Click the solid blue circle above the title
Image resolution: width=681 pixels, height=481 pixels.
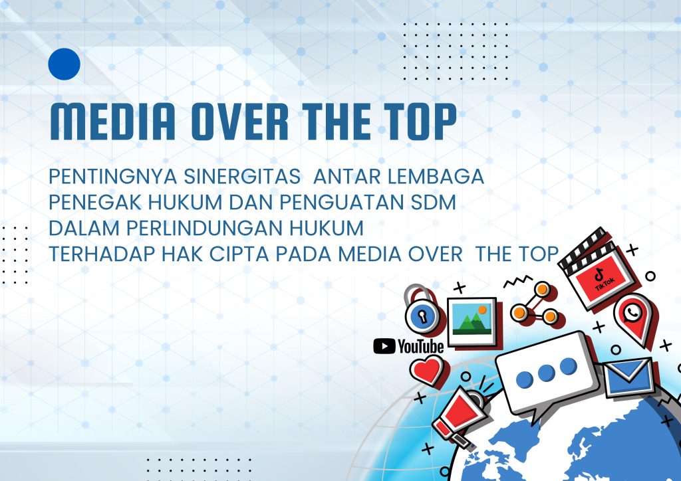(x=65, y=64)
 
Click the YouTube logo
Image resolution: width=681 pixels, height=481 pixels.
(x=408, y=345)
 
